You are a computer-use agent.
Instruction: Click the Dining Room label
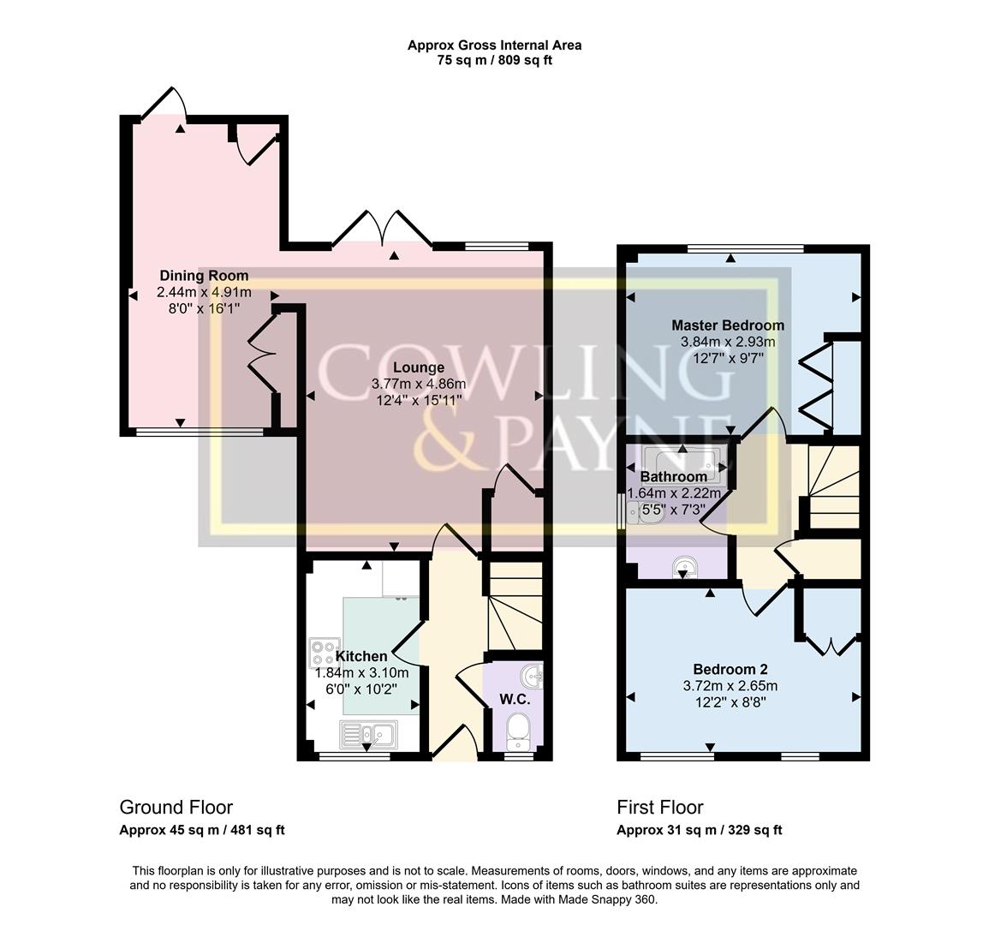(x=204, y=276)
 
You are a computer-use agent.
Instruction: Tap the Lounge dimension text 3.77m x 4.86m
(x=419, y=384)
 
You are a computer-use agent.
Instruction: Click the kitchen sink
(x=367, y=734)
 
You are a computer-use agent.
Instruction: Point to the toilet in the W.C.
(x=517, y=731)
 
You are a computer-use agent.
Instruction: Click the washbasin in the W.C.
(x=535, y=677)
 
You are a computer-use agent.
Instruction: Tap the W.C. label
(x=515, y=699)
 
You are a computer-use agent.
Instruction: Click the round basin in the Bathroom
(x=683, y=566)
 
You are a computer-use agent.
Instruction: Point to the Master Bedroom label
(x=727, y=325)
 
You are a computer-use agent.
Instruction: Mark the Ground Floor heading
(x=176, y=807)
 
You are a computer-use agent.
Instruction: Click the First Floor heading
(x=659, y=807)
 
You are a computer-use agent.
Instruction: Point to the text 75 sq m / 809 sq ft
(x=494, y=60)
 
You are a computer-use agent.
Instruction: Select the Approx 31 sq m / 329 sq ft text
(x=699, y=830)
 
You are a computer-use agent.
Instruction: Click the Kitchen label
(x=360, y=656)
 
